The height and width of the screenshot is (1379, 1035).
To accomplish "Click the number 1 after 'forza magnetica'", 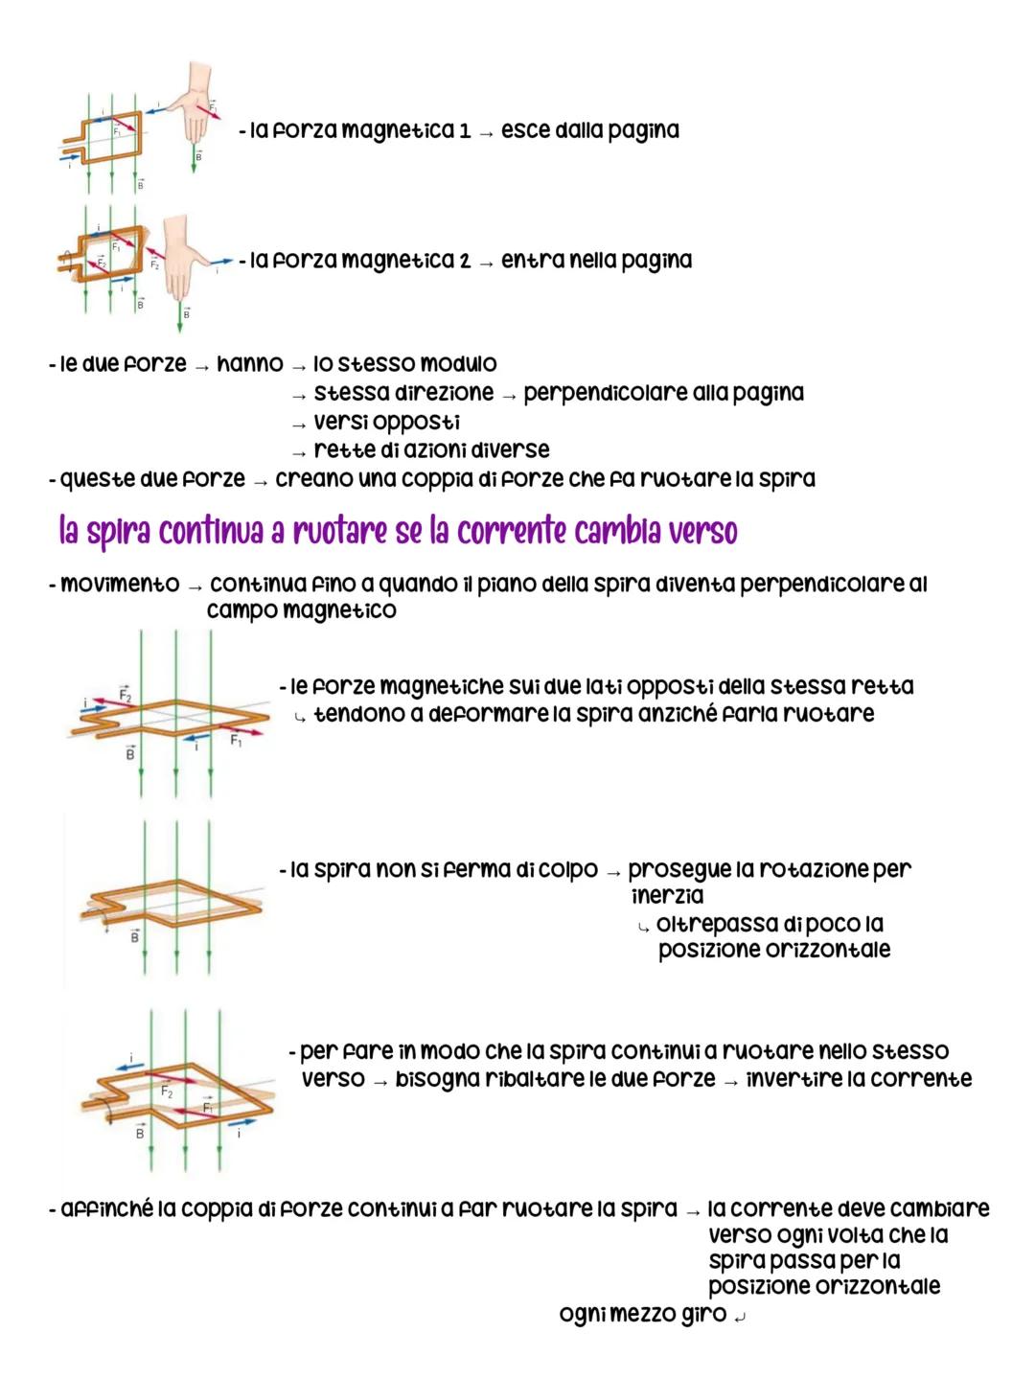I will [x=465, y=131].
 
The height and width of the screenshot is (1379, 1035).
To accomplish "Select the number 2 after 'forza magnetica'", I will [x=465, y=262].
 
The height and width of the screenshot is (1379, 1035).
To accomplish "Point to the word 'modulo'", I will [x=459, y=364].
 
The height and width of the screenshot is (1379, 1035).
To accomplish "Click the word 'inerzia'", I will [x=667, y=896].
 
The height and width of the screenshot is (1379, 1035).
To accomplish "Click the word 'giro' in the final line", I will [x=703, y=1314].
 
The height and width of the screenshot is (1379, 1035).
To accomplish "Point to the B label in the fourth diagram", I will [x=134, y=936].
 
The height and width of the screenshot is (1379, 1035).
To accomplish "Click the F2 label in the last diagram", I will [x=167, y=1092].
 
